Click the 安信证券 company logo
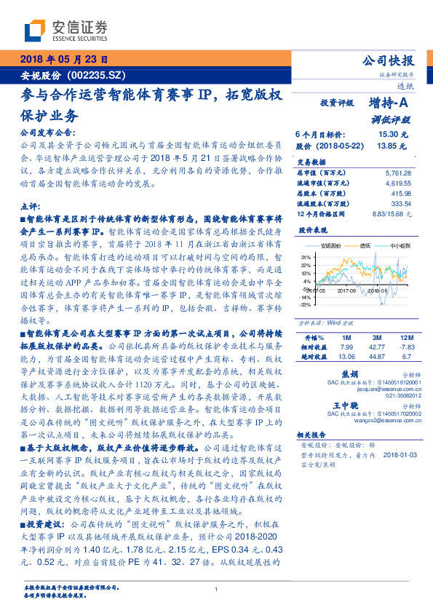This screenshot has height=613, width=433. coord(67,31)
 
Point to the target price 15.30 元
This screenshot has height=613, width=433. coord(393,135)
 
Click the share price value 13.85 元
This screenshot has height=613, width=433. coord(393,146)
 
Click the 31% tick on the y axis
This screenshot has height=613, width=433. coord(304,257)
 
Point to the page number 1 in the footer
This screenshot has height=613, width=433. coord(216,590)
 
